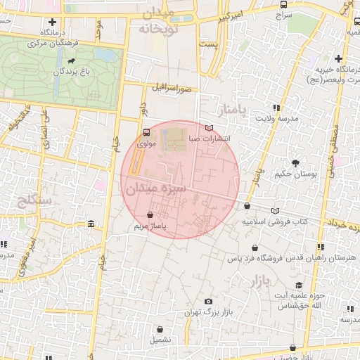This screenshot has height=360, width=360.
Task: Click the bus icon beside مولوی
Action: pyautogui.click(x=146, y=131)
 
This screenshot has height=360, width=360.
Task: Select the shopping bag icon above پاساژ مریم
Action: pyautogui.click(x=150, y=214)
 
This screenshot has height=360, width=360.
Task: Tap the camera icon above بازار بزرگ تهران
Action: pyautogui.click(x=208, y=302)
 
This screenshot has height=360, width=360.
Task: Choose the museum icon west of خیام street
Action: pyautogui.click(x=91, y=224)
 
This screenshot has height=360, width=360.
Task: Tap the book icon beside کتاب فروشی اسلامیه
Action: pyautogui.click(x=275, y=210)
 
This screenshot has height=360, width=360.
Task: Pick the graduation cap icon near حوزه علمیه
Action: pyautogui.click(x=299, y=285)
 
